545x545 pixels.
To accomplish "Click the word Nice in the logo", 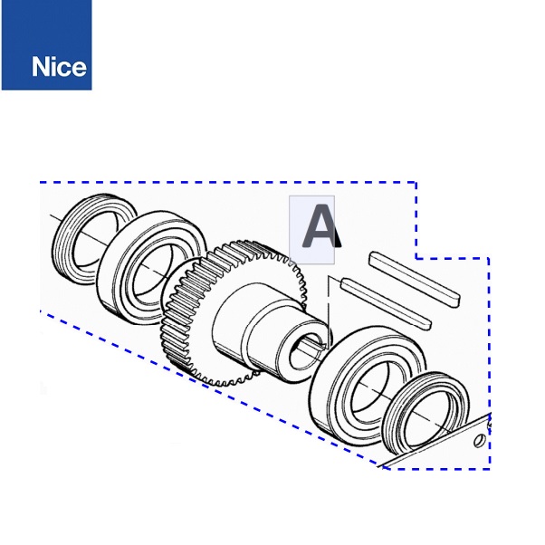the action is pyautogui.click(x=59, y=66).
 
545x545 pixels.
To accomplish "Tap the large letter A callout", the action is pyautogui.click(x=320, y=226).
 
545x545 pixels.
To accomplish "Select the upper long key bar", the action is pyautogui.click(x=415, y=279).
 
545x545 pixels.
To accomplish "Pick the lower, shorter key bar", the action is pyautogui.click(x=387, y=303).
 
